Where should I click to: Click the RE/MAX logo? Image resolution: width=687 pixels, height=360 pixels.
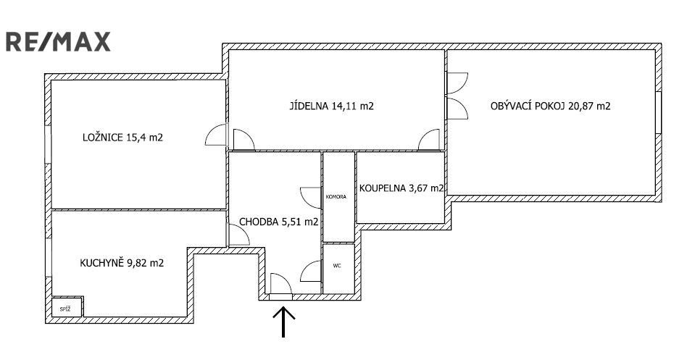59,41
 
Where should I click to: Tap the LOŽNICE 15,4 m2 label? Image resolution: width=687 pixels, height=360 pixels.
122,137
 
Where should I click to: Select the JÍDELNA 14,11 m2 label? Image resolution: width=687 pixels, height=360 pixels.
332,106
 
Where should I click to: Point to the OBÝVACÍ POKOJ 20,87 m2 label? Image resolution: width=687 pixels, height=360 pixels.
550,106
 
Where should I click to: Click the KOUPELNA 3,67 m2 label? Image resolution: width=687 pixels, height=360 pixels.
401,188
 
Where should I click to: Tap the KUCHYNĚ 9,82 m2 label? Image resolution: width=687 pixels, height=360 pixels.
122,263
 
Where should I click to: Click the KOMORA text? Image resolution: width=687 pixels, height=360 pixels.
338,196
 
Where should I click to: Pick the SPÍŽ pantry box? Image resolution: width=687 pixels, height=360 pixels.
66,308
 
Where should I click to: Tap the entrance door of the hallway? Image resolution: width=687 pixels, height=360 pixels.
280,285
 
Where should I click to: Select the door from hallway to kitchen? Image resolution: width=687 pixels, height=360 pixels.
238,235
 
